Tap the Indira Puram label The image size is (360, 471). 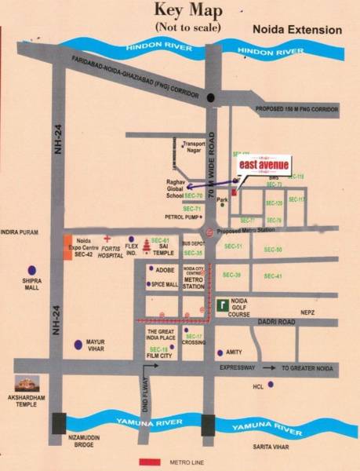pos(20,232)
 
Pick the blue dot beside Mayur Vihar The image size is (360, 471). pos(77,344)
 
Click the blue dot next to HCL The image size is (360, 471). pos(271,384)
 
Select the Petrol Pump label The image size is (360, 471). pos(180,216)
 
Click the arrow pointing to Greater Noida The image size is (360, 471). pos(269,367)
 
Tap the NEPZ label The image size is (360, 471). pos(307,312)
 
